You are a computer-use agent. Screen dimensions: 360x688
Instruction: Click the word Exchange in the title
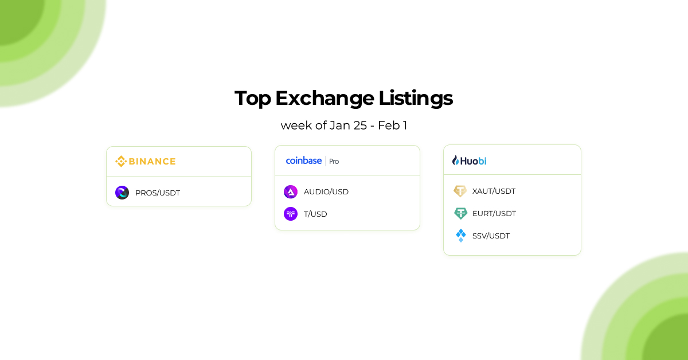[325, 98]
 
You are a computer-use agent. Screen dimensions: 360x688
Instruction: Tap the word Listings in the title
[416, 99]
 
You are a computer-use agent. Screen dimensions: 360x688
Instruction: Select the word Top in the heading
[253, 99]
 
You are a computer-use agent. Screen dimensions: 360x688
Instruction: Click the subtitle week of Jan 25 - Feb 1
[344, 125]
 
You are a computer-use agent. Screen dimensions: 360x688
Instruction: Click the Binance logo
[146, 161]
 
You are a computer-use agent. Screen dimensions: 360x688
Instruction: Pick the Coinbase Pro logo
[312, 161]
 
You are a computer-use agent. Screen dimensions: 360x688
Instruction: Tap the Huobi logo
[470, 161]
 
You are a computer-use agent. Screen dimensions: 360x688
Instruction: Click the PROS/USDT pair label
[158, 193]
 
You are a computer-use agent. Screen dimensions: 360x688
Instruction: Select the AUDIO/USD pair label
[326, 191]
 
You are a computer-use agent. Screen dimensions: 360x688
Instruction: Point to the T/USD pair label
[315, 214]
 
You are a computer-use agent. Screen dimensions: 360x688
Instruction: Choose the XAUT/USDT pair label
[494, 191]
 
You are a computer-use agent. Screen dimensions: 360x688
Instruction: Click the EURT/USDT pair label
[494, 213]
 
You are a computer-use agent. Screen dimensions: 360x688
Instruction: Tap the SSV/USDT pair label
[491, 236]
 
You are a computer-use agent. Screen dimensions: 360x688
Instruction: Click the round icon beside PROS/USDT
[122, 193]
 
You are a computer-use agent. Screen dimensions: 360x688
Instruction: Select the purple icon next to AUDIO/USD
[291, 191]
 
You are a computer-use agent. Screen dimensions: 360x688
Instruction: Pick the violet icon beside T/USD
[291, 214]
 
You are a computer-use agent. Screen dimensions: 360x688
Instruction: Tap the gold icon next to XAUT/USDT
[460, 191]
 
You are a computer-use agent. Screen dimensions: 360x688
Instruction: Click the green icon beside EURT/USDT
[460, 213]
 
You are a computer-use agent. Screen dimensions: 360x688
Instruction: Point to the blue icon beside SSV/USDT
[460, 236]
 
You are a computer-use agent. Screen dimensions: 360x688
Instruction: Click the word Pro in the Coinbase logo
[334, 162]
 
